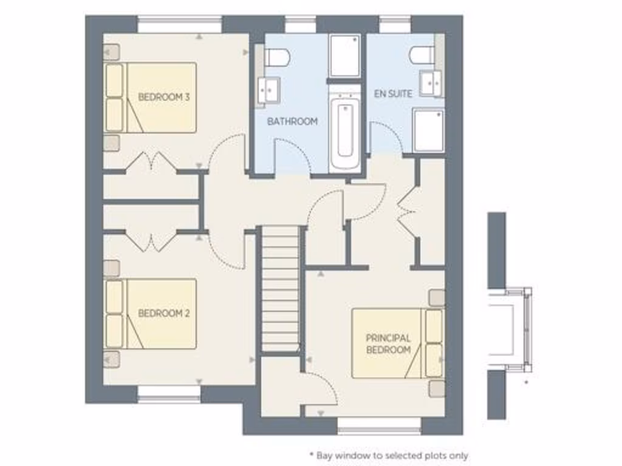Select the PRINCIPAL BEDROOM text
coord(388,343)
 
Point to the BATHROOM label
coord(293,121)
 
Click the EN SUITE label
coord(393,93)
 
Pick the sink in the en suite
coord(431,83)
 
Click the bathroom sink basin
coord(268,90)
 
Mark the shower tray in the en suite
coord(428,129)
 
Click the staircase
coord(281,289)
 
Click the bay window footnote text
coord(389,455)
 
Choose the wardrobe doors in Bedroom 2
coord(150,241)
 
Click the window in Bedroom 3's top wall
coord(180,24)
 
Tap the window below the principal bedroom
coord(379,426)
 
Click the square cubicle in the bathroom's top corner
coord(345,56)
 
